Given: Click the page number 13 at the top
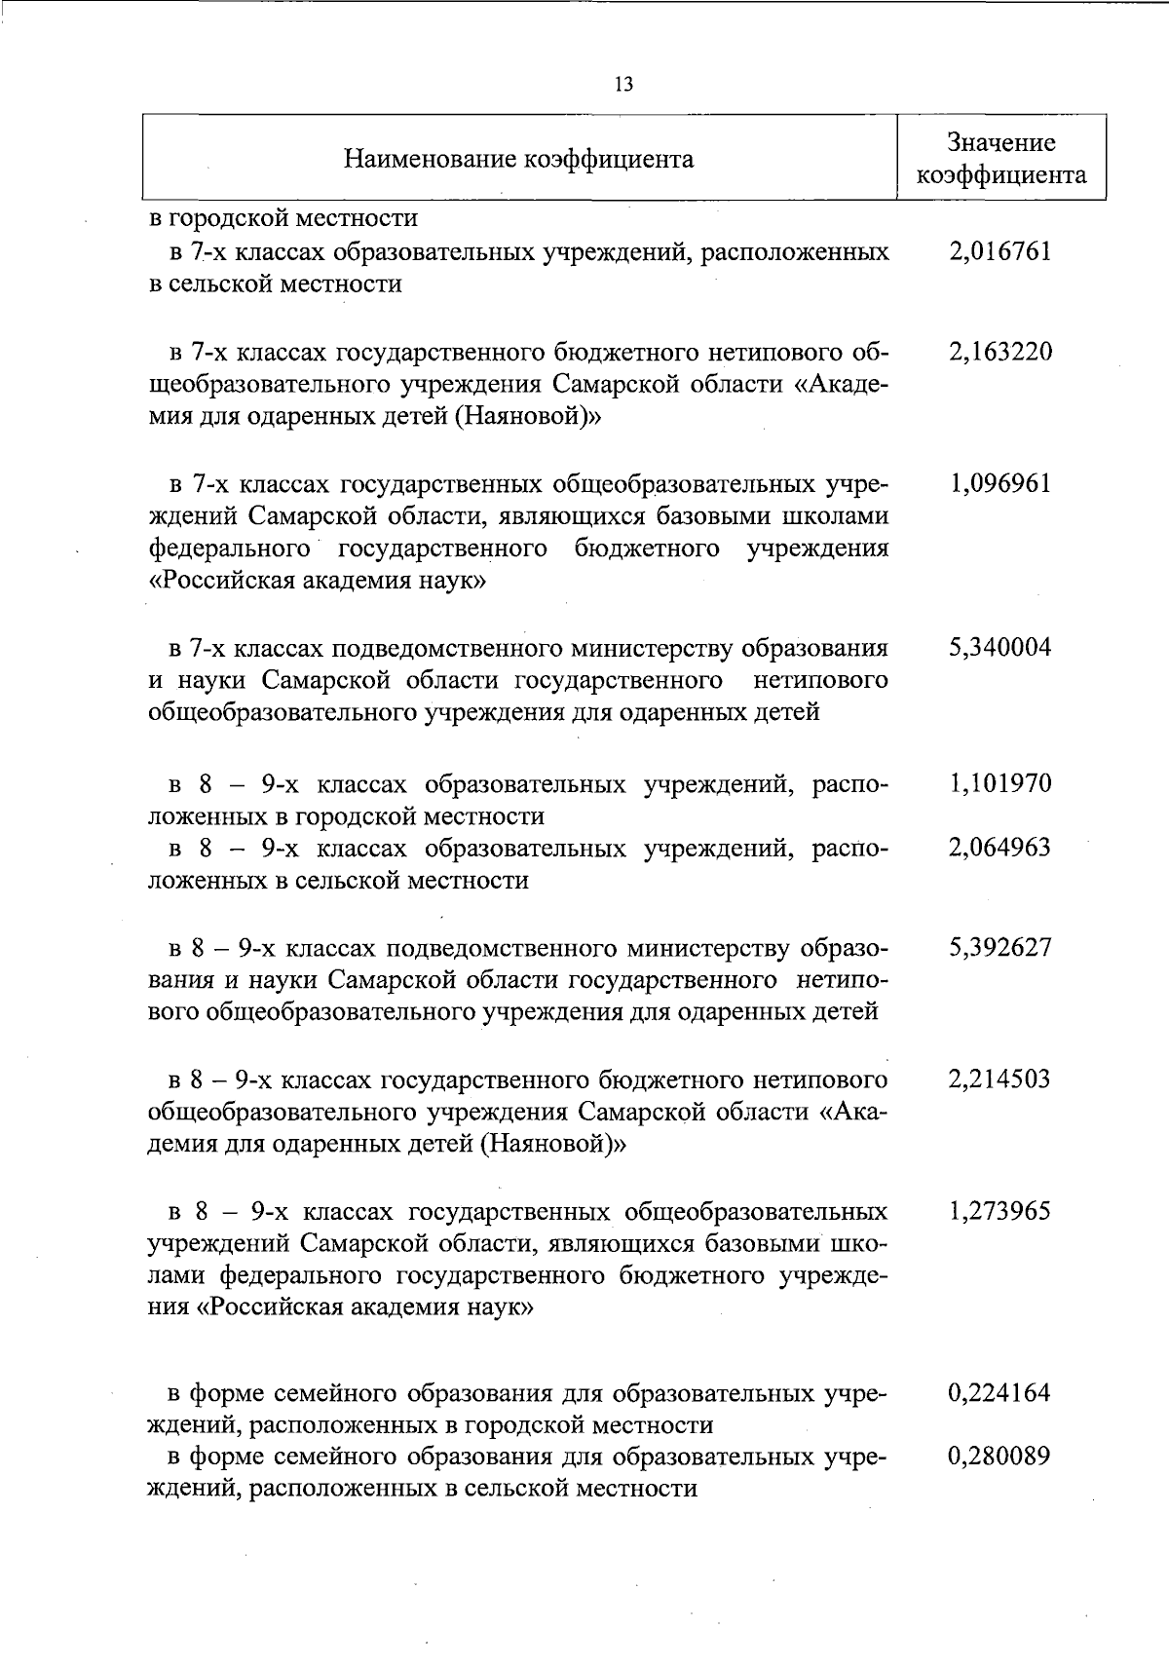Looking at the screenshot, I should pos(624,85).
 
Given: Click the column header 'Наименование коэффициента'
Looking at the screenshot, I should pos(518,159).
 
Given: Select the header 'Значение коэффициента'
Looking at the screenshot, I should pos(1001,159).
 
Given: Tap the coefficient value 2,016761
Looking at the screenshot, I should pos(1000,252).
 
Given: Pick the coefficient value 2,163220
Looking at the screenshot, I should pos(1000,352).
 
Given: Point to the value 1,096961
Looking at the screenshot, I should pos(1000,484).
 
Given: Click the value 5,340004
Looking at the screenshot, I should pos(1000,648).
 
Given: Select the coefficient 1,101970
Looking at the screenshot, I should pos(1000,783).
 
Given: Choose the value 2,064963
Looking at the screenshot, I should pos(1000,848).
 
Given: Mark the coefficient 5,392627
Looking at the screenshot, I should pos(1000,947).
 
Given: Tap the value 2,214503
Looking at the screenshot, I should pos(1000,1079).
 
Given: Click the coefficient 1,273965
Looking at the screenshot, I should pos(1000,1212).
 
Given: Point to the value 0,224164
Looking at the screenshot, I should pos(1000,1393).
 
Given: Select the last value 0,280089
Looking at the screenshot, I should pos(1000,1458).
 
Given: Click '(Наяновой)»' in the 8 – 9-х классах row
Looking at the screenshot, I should pos(552,1146).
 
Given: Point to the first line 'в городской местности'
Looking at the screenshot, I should pos(283,218).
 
